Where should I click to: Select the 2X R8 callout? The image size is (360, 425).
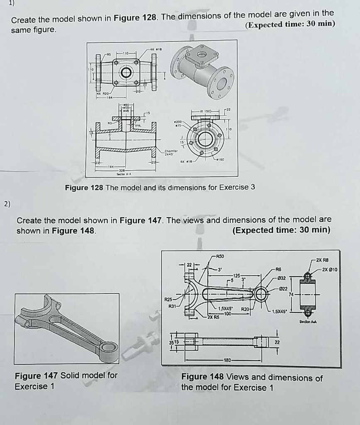[322, 260]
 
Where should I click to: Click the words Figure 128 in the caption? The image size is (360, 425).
[84, 188]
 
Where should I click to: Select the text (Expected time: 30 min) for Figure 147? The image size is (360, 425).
[281, 230]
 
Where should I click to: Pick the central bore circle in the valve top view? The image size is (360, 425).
[125, 73]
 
